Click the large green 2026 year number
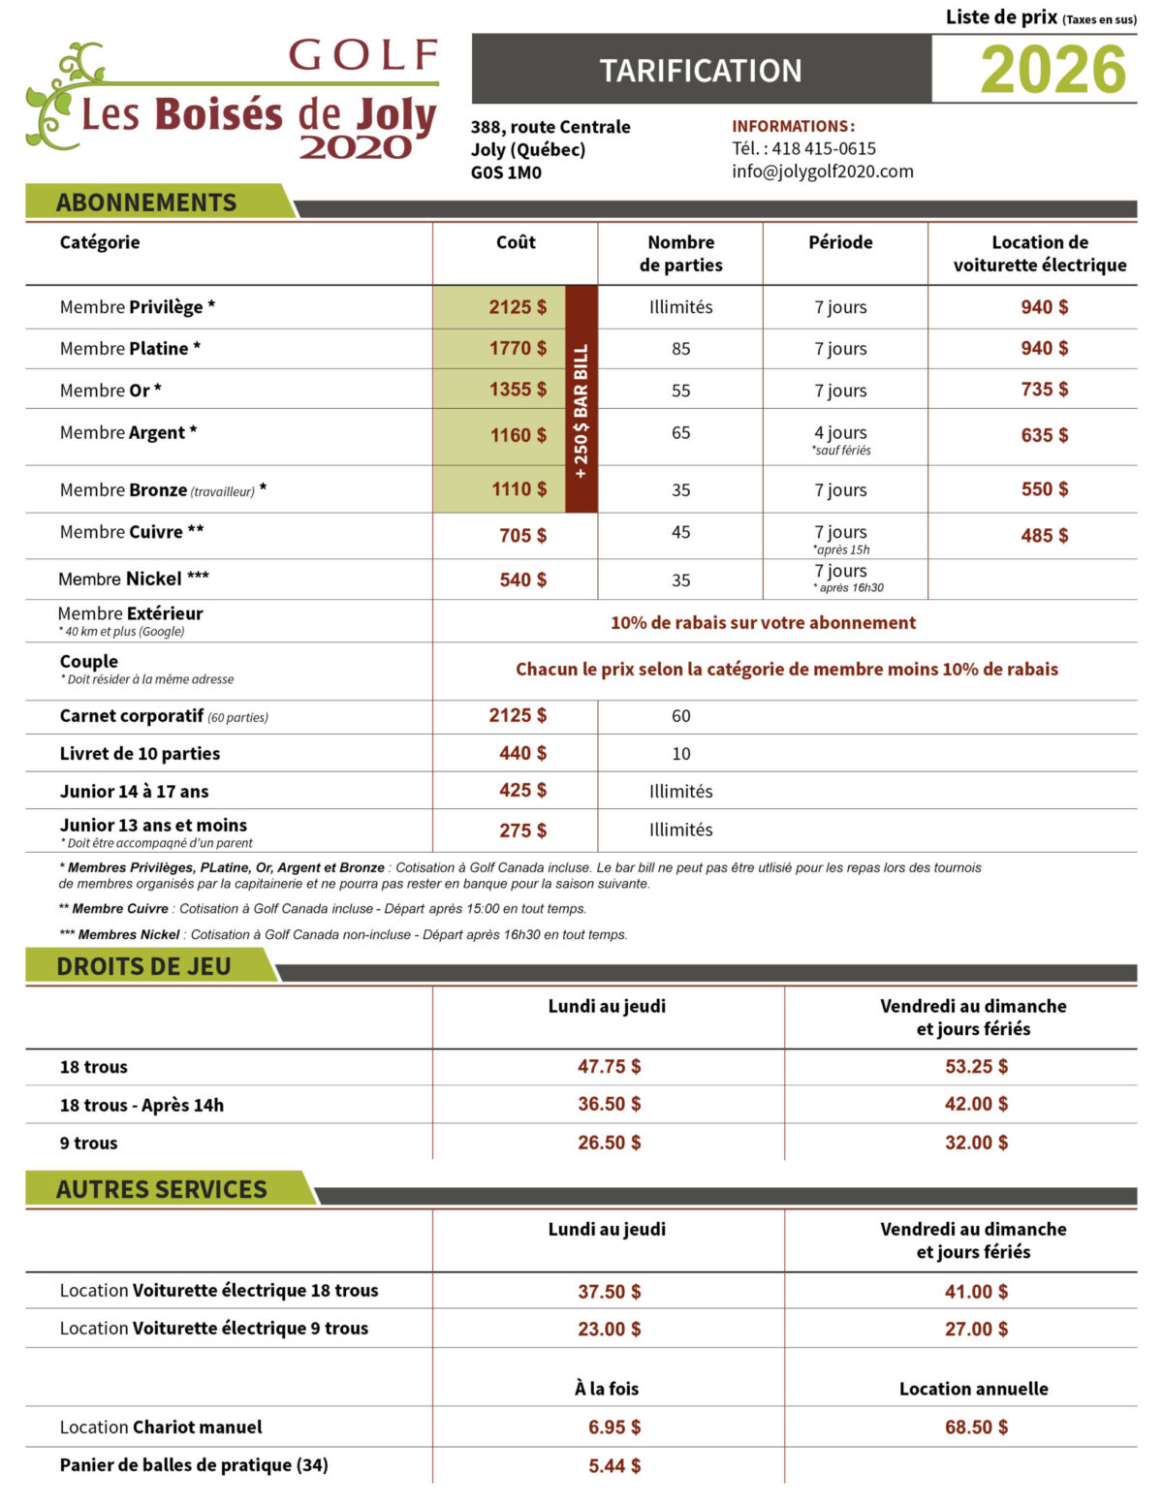1053,70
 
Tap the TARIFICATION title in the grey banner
701,71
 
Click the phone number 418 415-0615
824,148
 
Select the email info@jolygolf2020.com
823,172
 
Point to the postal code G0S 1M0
506,172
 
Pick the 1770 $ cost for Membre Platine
518,348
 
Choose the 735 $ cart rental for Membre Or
1044,390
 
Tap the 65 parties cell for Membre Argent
680,433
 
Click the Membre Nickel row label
134,580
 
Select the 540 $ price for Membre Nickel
522,580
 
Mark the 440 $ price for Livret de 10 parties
522,753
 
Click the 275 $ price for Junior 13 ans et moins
522,831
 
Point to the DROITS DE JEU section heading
143,966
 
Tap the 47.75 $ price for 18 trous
609,1067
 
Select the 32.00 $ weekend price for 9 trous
976,1143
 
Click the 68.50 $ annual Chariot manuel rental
976,1427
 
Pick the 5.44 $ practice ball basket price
613,1466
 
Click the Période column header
840,242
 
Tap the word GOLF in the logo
364,56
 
